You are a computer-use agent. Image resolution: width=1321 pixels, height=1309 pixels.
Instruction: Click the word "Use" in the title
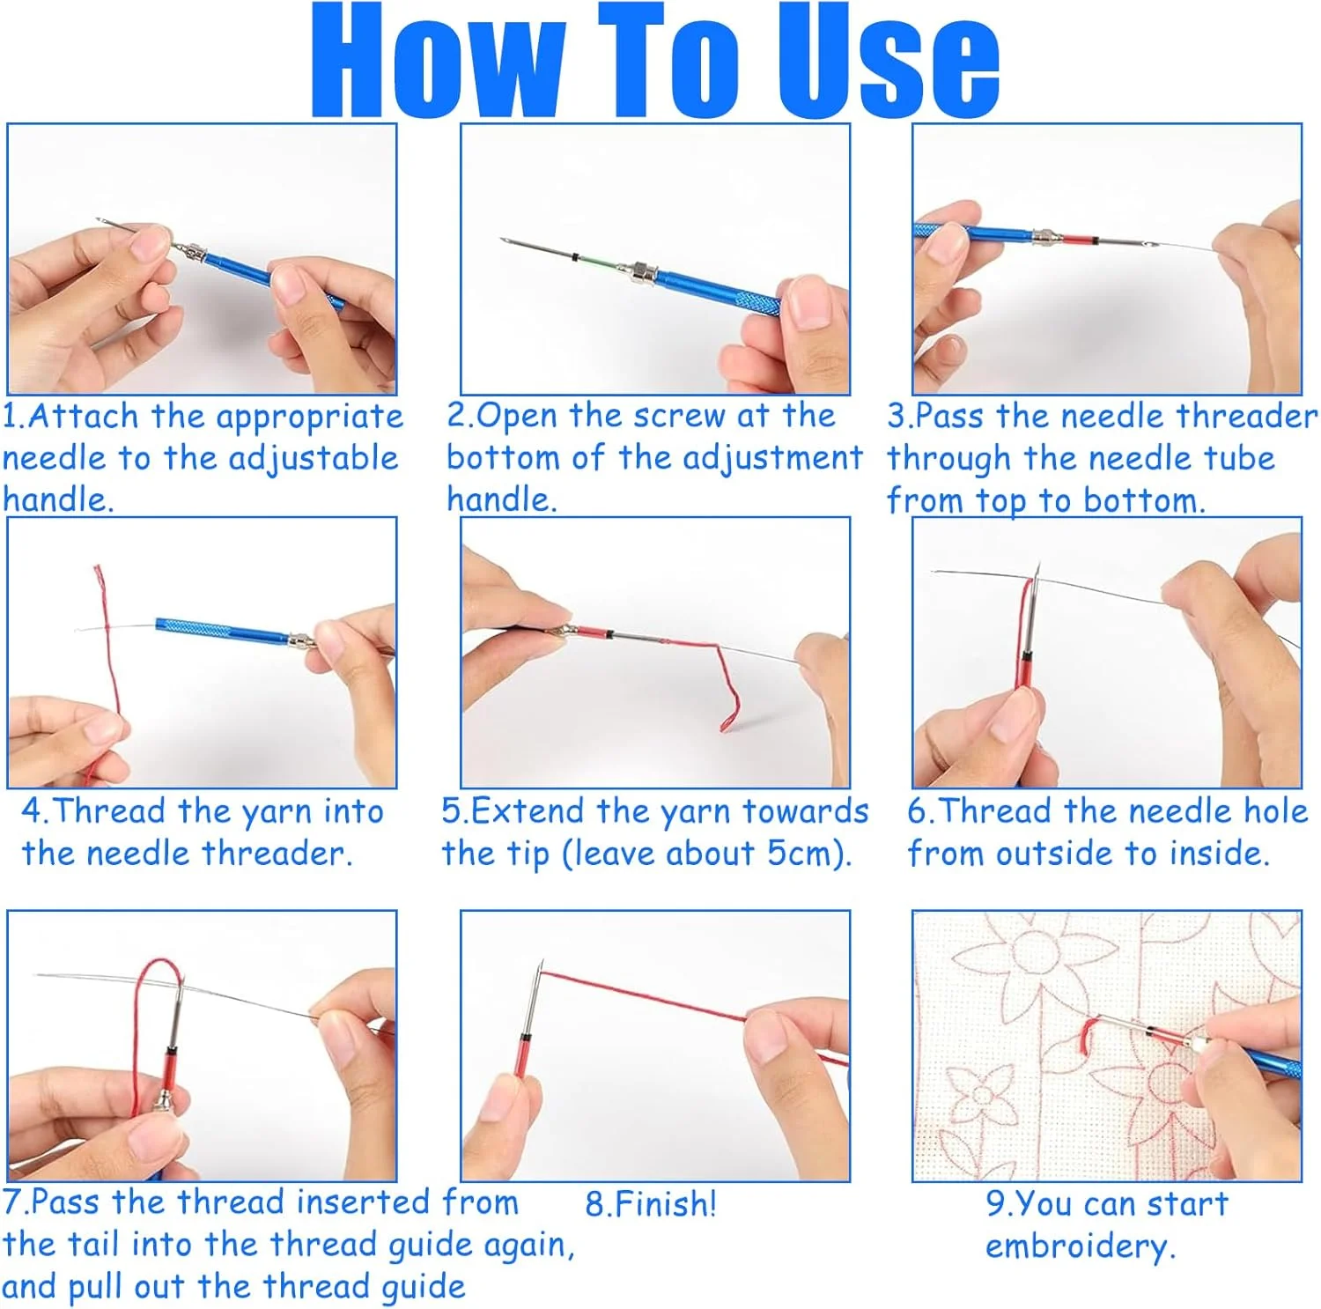click(x=889, y=60)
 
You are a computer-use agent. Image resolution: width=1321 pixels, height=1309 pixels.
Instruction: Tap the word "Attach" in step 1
click(x=84, y=416)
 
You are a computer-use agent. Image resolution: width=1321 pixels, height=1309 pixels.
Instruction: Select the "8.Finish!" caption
click(x=651, y=1203)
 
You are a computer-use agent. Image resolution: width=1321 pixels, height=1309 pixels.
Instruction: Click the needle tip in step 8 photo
click(x=541, y=963)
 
